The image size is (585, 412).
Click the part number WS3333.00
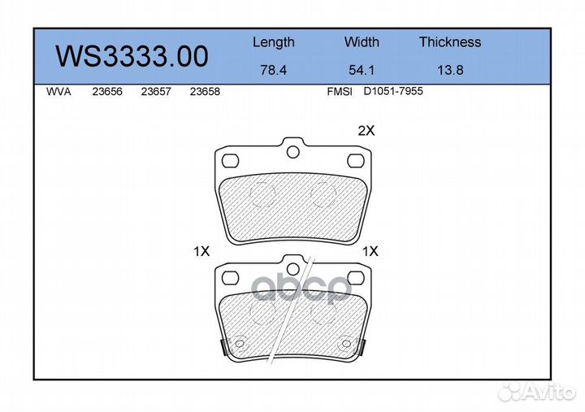pyautogui.click(x=132, y=56)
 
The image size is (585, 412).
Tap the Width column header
pyautogui.click(x=362, y=41)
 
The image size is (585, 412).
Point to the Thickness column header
pyautogui.click(x=450, y=41)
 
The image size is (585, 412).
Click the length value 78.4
pyautogui.click(x=274, y=70)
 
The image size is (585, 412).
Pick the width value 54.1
pyautogui.click(x=362, y=70)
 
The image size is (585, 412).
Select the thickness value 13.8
pyautogui.click(x=450, y=70)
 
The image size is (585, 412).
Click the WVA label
pyautogui.click(x=58, y=92)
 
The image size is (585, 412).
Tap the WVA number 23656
pyautogui.click(x=107, y=92)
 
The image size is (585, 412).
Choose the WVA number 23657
pyautogui.click(x=156, y=92)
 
